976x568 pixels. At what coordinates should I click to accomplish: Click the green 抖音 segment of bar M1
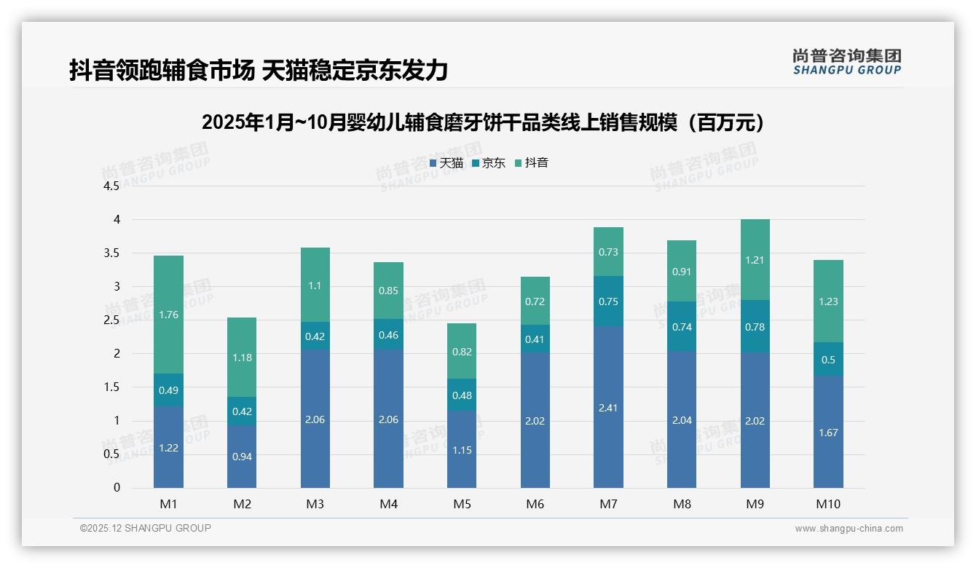[x=168, y=314]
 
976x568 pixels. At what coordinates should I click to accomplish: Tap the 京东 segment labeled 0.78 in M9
[x=755, y=326]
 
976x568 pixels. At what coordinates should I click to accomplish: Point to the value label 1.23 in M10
[x=828, y=301]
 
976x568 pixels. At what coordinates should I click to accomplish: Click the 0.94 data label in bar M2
[x=242, y=457]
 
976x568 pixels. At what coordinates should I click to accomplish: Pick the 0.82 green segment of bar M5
[x=462, y=351]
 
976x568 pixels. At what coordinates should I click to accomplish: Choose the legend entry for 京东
[x=489, y=163]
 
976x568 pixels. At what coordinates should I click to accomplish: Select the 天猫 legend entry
[x=446, y=163]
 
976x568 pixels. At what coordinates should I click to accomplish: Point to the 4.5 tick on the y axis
[x=111, y=186]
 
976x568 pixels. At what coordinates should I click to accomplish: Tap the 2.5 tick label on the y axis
[x=111, y=320]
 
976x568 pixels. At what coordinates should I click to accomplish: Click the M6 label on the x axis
[x=535, y=504]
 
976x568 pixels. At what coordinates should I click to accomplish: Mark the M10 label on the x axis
[x=828, y=504]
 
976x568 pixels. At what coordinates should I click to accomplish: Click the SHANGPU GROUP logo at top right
[x=846, y=61]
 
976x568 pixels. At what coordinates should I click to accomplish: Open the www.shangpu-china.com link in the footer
[x=849, y=529]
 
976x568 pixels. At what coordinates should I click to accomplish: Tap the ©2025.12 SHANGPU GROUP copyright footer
[x=146, y=529]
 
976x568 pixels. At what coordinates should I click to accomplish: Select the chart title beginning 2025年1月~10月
[x=487, y=122]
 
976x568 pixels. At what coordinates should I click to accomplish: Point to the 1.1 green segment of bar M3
[x=315, y=285]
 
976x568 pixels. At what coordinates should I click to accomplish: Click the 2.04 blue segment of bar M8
[x=682, y=419]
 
